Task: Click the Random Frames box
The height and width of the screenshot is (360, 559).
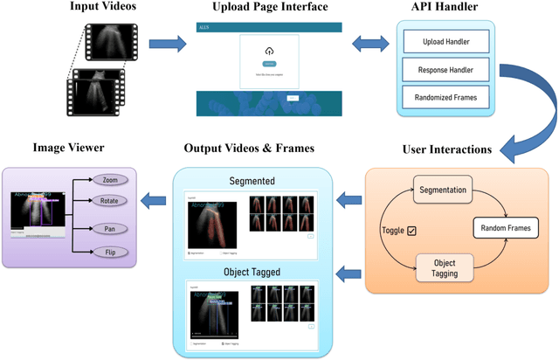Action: pyautogui.click(x=504, y=229)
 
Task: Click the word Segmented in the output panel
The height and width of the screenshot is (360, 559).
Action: pyautogui.click(x=252, y=181)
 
